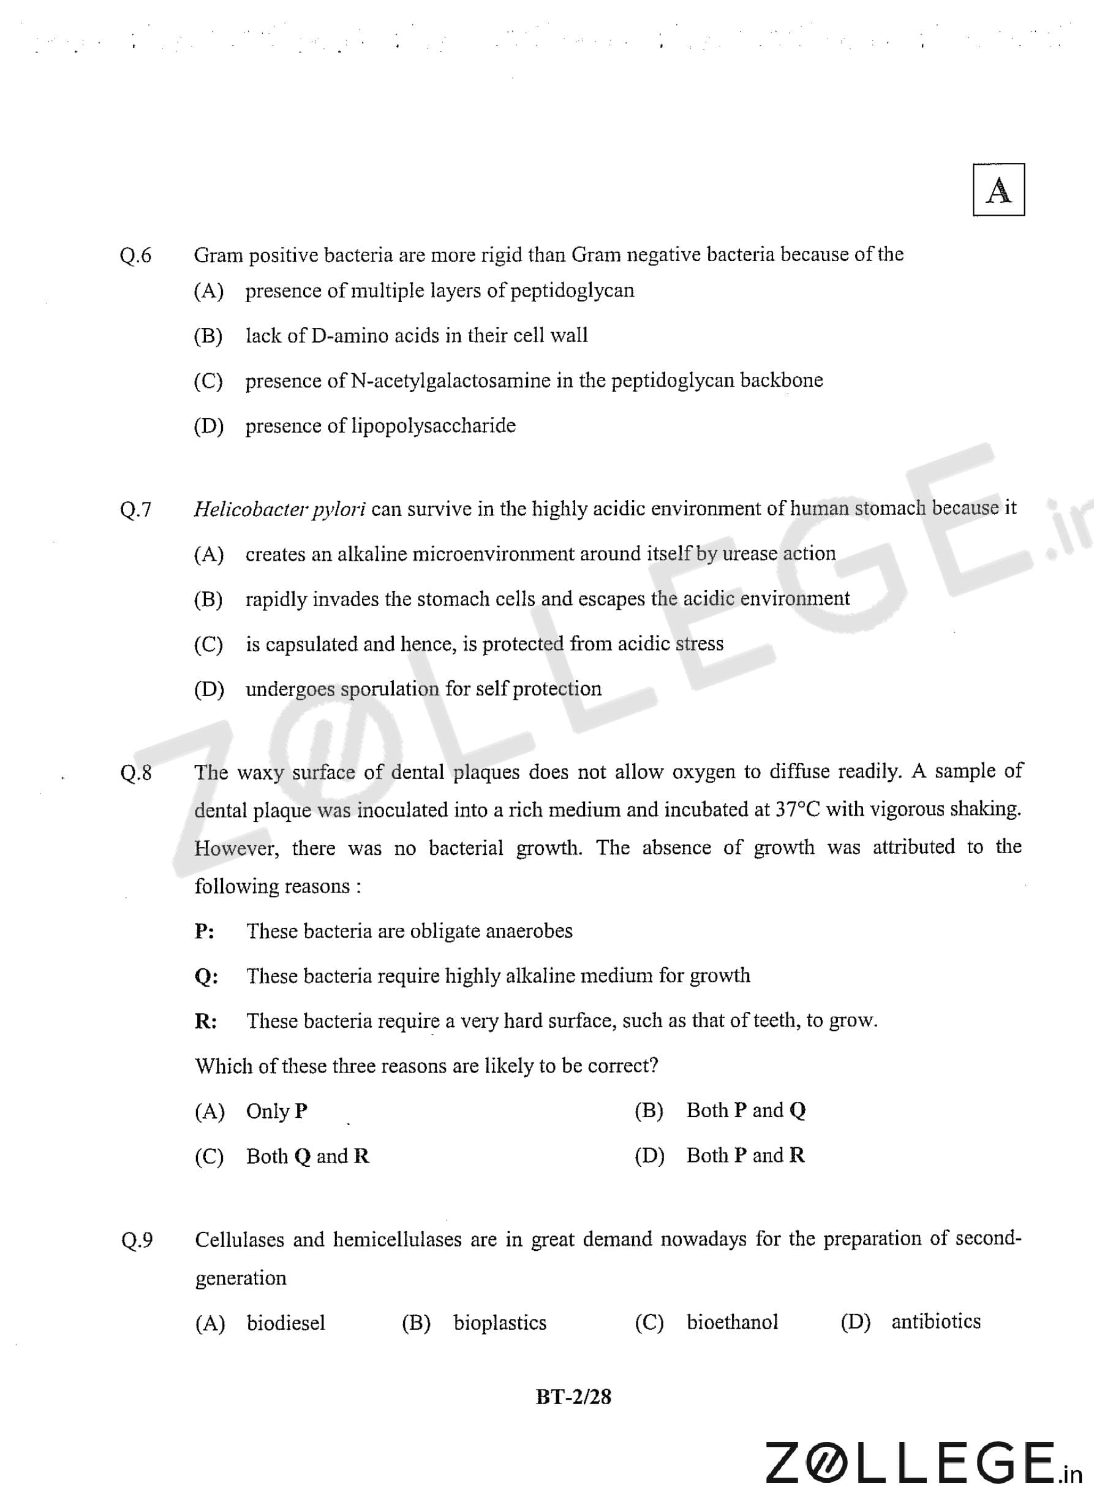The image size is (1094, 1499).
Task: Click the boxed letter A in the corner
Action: point(998,190)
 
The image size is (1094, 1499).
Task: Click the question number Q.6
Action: point(136,255)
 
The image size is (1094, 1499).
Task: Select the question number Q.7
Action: point(136,509)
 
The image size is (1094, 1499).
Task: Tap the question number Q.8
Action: point(136,772)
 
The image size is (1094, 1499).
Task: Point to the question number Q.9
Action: point(137,1240)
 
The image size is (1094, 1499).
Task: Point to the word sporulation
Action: point(390,689)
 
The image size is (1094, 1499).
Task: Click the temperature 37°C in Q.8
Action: point(798,810)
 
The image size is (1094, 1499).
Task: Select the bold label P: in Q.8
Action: point(204,932)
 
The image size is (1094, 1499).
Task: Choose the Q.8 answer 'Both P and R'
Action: point(745,1156)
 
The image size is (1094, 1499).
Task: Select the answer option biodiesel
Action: point(285,1323)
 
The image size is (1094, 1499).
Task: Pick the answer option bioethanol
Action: point(732,1322)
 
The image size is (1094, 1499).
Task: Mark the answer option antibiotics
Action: point(935,1321)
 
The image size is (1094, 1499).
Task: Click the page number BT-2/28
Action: point(573,1397)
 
